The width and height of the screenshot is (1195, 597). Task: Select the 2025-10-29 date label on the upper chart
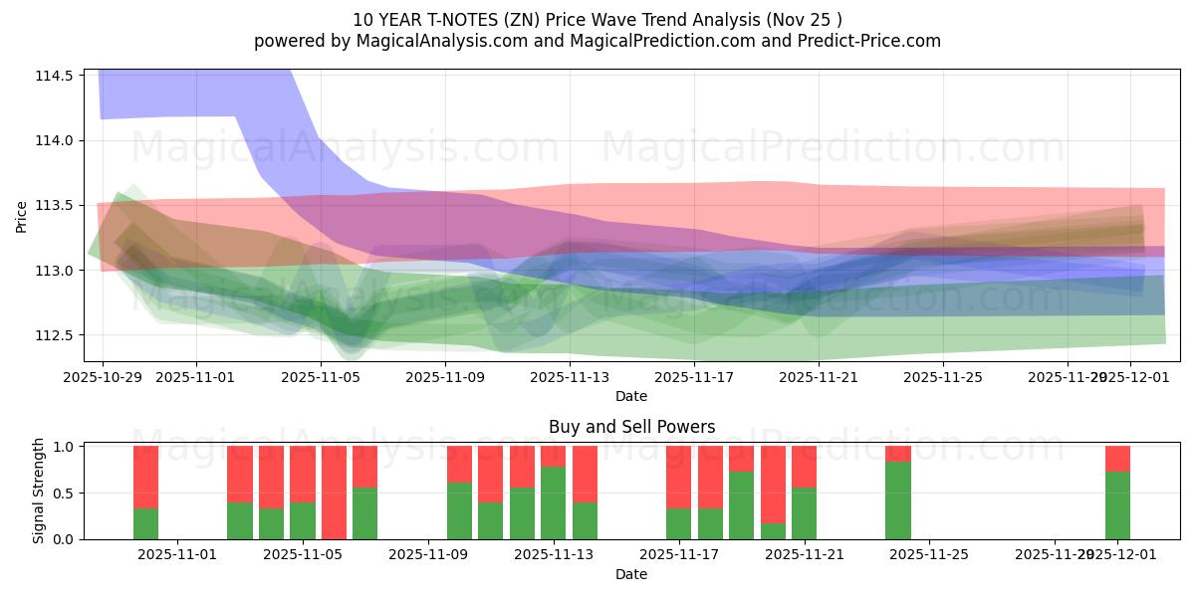pyautogui.click(x=103, y=377)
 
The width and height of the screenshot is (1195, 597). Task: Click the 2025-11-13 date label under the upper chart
pyautogui.click(x=569, y=377)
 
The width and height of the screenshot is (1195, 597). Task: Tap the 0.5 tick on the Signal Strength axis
pyautogui.click(x=63, y=494)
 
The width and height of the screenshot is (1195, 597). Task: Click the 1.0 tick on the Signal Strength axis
pyautogui.click(x=63, y=447)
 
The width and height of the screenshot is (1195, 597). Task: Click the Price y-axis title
pyautogui.click(x=22, y=216)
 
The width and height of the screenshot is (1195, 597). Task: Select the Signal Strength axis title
pyautogui.click(x=40, y=492)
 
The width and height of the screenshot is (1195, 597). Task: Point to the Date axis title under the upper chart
pyautogui.click(x=631, y=396)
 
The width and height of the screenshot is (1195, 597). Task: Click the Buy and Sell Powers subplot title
pyautogui.click(x=631, y=427)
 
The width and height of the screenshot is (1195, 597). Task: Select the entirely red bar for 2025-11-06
pyautogui.click(x=334, y=493)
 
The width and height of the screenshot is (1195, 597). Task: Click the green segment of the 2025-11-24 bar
pyautogui.click(x=898, y=500)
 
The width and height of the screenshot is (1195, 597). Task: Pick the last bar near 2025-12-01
pyautogui.click(x=1117, y=493)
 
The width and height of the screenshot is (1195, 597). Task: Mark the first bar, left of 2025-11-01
pyautogui.click(x=145, y=493)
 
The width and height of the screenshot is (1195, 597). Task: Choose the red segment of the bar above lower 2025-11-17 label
pyautogui.click(x=679, y=477)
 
